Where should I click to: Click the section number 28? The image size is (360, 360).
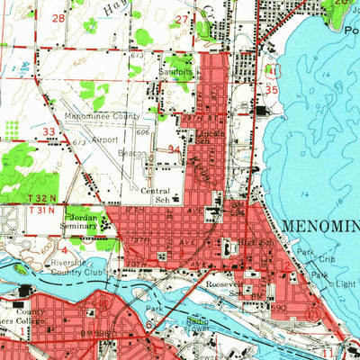pos(58,18)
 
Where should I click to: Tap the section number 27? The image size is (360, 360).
pos(183,19)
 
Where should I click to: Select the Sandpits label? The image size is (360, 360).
pos(171,68)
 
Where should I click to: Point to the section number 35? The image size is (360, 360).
pos(271,90)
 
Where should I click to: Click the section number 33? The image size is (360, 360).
pos(50,131)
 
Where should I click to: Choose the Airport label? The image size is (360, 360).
pos(104,140)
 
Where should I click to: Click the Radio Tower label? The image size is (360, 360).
pos(199,322)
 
